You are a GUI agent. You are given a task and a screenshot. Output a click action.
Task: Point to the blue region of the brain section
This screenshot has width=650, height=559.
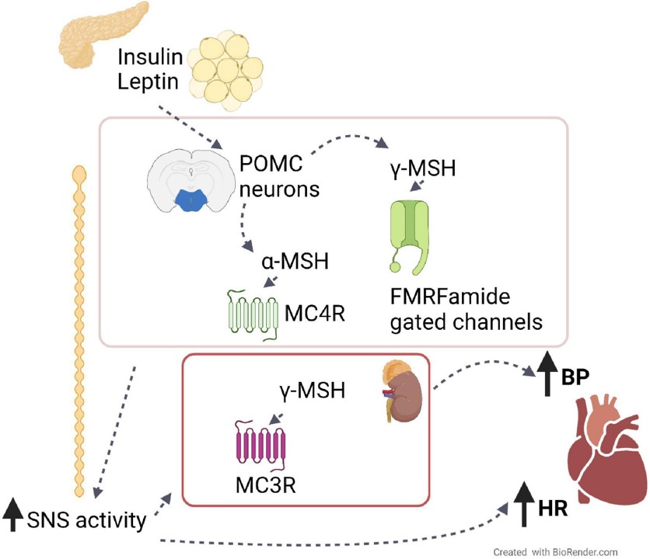coord(190,200)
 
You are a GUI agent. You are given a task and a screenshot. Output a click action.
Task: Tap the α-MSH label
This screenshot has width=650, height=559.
coord(295,261)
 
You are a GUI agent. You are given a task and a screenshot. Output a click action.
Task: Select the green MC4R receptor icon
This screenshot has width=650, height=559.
coord(252,314)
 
